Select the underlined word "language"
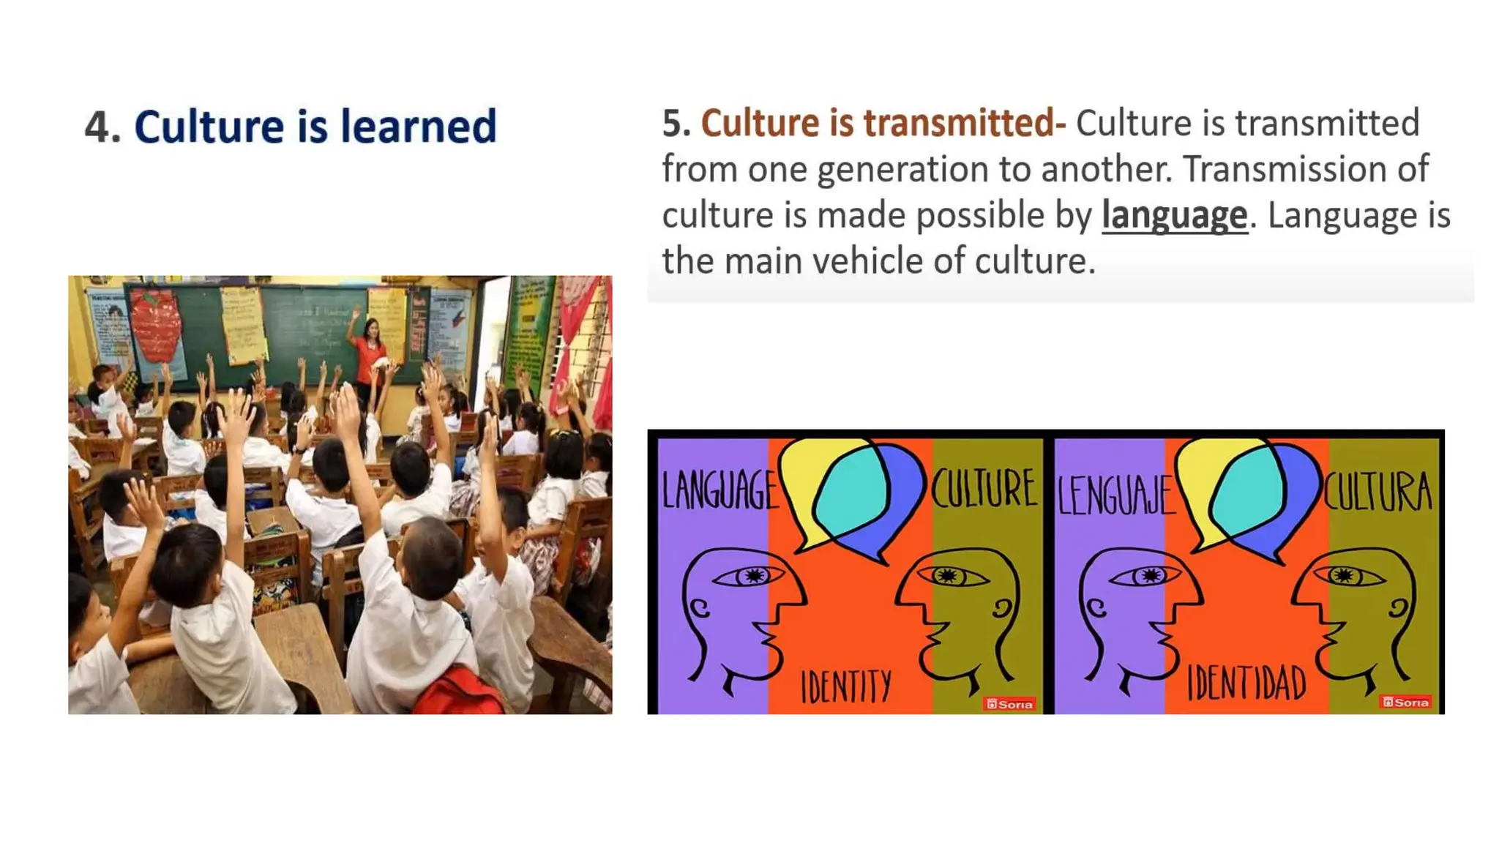point(1174,216)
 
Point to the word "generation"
point(902,170)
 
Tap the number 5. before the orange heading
point(676,123)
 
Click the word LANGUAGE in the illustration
point(719,490)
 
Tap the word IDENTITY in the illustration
point(846,687)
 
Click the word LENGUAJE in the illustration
point(1114,495)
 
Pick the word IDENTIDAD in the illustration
point(1246,683)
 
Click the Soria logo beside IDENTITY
point(1009,704)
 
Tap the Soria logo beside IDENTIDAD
point(1405,702)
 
